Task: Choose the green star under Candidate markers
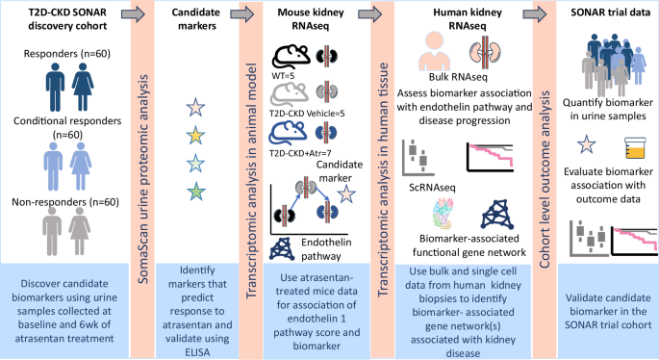tap(195, 191)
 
